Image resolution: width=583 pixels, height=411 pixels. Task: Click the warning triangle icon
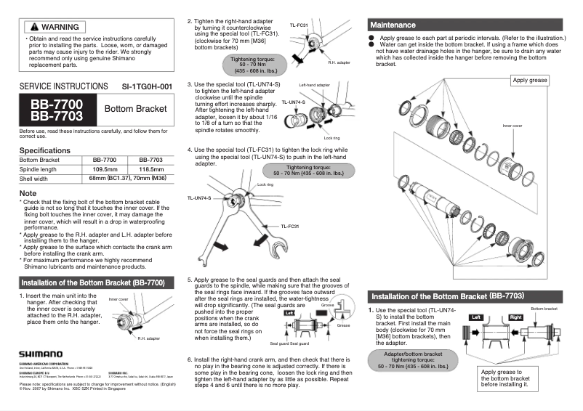32,27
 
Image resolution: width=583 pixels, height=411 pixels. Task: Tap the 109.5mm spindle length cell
106,168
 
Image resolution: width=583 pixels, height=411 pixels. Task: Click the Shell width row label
33,178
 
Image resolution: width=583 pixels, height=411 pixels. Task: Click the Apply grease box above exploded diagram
530,80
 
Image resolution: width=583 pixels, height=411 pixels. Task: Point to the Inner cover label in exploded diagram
512,125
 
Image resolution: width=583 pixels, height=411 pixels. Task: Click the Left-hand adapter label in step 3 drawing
314,85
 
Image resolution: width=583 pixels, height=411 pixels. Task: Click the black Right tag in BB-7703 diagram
515,317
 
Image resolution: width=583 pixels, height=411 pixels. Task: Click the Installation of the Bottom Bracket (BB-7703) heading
447,296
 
